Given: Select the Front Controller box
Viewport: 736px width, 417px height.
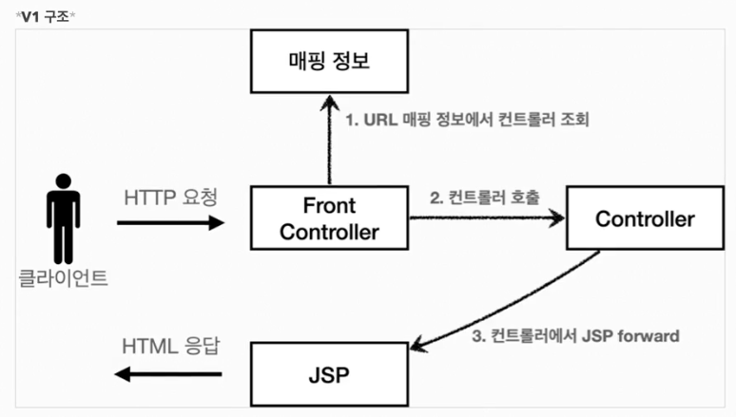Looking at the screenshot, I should pos(329,218).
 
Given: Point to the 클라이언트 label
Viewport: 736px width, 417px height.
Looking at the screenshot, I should pos(63,279).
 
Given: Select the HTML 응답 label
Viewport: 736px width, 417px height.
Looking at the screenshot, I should pos(171,346).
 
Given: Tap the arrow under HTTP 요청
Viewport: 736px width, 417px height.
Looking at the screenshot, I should pos(171,224).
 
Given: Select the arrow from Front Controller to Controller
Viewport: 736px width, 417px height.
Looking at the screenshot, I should pos(485,219).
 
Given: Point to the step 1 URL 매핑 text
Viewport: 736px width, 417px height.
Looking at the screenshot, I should pos(467,121).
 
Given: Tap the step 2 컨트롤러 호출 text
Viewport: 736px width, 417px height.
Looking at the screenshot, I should pos(485,199).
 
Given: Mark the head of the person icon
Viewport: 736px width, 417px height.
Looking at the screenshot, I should pos(63,180).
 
